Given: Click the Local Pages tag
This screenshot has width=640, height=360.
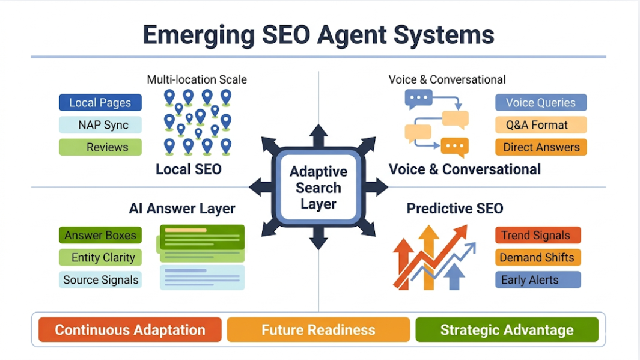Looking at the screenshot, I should coord(100,103).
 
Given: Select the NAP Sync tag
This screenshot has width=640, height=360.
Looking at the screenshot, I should coord(100,125).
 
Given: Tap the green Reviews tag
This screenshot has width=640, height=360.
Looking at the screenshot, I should coord(100,147).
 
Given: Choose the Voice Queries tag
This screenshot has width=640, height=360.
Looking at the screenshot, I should coord(541,103).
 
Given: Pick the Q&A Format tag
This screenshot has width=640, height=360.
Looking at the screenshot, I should coord(541,125).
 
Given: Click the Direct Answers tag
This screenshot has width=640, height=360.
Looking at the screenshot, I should coord(541,147).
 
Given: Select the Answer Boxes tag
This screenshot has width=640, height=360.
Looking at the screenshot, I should coord(100,235).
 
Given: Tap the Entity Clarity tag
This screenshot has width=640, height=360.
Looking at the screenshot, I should coord(100,257).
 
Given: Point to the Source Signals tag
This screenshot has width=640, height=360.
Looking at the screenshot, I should coord(100,279).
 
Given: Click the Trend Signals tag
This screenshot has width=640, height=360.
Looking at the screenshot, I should coord(538,235).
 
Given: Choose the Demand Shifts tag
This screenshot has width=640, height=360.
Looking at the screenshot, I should coord(538,257).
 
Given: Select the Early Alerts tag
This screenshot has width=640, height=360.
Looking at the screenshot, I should coord(538,279).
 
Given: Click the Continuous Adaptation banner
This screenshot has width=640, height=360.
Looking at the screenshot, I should coord(130,330).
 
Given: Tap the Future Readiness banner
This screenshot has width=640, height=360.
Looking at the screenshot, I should coord(318,330).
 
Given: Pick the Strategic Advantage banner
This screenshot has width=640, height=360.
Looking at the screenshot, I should coord(507,330).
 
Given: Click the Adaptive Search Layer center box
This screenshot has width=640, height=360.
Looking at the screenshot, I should coord(318,188).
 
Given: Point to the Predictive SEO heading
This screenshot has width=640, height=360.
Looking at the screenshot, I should coord(455,209).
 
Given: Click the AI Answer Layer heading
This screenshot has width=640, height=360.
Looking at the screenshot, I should coord(182,209).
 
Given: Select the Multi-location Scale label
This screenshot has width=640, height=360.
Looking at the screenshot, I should coord(197,79).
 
